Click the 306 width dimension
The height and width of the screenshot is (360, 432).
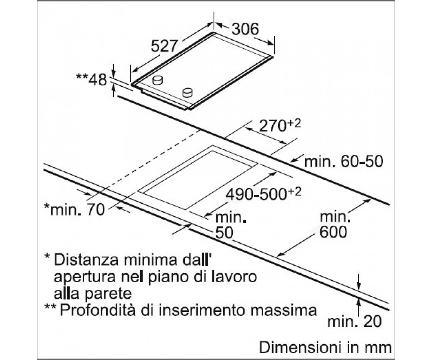coord(245,29)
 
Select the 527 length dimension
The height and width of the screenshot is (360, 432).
coord(164,46)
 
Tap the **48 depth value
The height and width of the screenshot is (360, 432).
coord(91,80)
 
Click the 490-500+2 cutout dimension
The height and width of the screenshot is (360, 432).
coord(263,194)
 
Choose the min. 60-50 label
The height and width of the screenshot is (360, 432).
coord(344,162)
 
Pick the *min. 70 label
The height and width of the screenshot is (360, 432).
coord(75,210)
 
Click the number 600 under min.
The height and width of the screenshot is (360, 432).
coord(333,232)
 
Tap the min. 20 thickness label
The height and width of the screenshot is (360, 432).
coord(354,322)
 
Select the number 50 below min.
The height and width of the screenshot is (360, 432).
coord(224,233)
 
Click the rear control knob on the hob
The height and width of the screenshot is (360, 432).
coord(157,80)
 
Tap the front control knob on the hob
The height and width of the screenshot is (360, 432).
coord(188,93)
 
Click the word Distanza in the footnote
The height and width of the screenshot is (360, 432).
coord(86,260)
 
